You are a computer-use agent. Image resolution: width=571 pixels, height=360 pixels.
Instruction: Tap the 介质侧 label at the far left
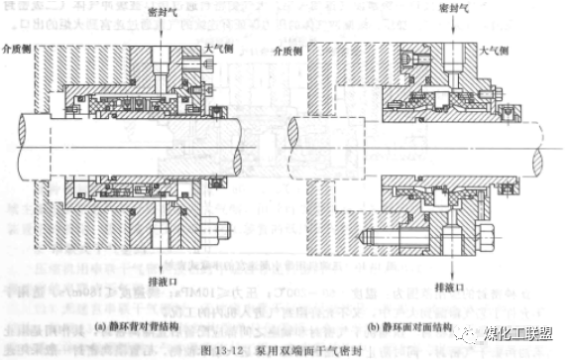19,46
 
